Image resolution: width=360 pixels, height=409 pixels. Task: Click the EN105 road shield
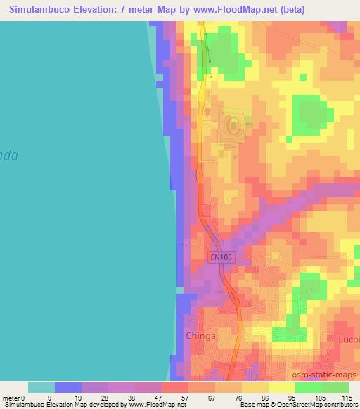tap(221, 258)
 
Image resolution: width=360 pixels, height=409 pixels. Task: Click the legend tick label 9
tap(55, 397)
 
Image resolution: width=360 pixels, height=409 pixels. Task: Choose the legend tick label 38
tap(108, 397)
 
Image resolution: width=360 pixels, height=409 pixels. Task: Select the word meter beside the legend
tap(11, 397)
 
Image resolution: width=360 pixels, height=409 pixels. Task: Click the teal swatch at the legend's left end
tap(41, 387)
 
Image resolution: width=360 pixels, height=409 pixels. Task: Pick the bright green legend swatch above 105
tap(309, 387)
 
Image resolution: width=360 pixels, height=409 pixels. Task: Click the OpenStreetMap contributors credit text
tap(317, 405)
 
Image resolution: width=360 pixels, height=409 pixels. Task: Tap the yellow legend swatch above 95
tap(282, 387)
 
